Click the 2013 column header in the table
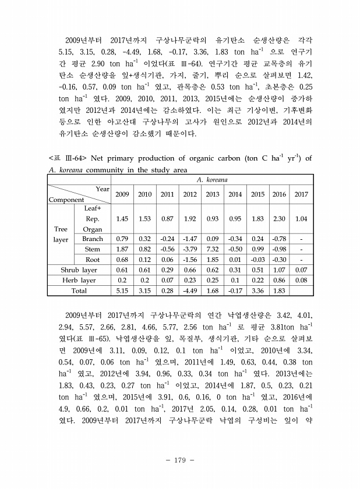pos(212,194)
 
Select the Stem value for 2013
pos(212,249)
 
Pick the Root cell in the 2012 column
pos(190,260)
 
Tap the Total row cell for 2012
pos(190,290)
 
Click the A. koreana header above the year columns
pos(212,180)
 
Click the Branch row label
pos(93,239)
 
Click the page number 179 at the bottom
pos(179,460)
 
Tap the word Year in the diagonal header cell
pos(103,189)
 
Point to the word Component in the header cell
pos(66,200)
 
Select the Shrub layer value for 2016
pos(280,270)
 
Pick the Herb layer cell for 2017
pos(301,280)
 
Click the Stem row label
pos(93,249)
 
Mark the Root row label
pos(93,260)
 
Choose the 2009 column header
pos(122,194)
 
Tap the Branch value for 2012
pos(190,239)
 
